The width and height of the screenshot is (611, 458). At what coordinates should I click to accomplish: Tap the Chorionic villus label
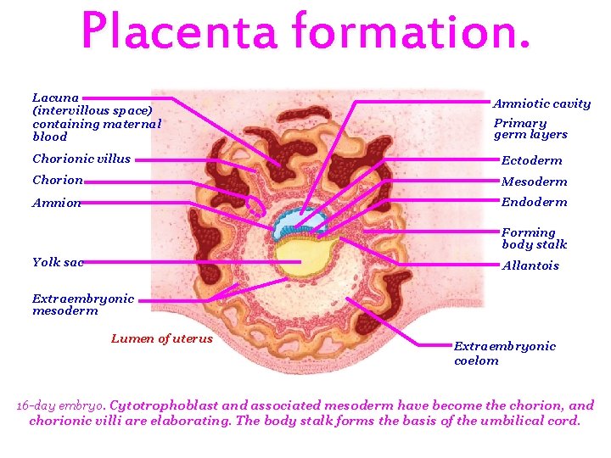click(81, 159)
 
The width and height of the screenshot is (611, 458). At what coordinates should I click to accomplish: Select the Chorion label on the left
click(58, 180)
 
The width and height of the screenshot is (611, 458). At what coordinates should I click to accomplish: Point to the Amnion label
click(57, 203)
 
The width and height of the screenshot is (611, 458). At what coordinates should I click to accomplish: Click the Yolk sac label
click(58, 262)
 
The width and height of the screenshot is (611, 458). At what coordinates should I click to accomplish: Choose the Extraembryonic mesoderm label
click(83, 304)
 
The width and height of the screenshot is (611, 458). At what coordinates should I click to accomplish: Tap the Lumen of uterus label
click(162, 338)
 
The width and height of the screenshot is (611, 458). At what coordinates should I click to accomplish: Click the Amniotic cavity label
click(541, 103)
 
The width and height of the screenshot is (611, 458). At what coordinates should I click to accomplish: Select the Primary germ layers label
click(530, 129)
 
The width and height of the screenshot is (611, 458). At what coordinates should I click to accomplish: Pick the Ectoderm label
click(531, 160)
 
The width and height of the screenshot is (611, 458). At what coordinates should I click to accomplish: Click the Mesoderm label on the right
click(534, 182)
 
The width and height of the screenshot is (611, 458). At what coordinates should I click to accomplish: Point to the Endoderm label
click(534, 202)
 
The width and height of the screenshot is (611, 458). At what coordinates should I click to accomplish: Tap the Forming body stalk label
click(534, 238)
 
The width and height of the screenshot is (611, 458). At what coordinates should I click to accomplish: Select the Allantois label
click(530, 265)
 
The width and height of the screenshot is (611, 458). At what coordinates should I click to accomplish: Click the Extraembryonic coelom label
click(504, 353)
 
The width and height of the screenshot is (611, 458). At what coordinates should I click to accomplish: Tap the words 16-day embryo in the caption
click(60, 405)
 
